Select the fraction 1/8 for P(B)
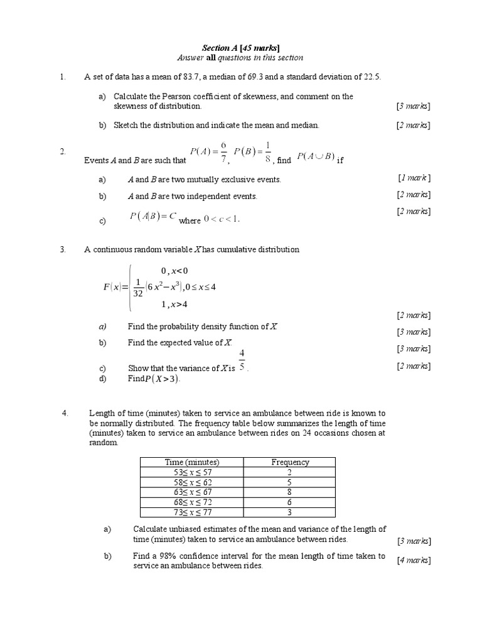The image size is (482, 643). [268, 151]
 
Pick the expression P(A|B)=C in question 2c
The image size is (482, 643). [153, 217]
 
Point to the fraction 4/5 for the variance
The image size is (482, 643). [242, 360]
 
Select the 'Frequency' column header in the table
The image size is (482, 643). [290, 462]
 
